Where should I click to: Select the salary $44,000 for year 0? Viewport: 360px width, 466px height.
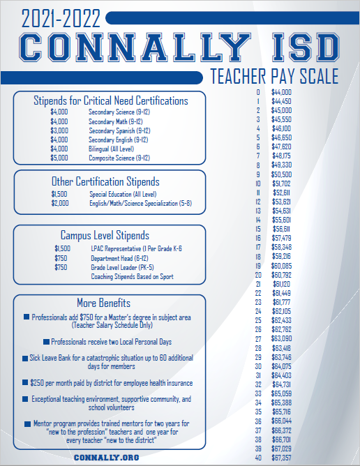[281, 92]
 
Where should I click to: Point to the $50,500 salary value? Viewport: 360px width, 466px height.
[281, 174]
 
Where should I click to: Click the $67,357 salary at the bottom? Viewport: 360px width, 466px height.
[281, 458]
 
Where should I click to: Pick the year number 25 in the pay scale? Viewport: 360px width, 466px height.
[258, 320]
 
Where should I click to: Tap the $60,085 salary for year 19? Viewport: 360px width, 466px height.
[281, 266]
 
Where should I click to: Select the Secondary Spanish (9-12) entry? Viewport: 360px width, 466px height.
[119, 130]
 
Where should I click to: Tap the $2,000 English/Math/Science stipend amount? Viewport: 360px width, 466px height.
[60, 203]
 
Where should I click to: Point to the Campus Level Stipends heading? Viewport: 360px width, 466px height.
[105, 235]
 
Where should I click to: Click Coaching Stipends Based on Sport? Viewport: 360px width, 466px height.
[132, 276]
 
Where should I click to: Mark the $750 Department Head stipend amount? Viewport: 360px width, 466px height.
[61, 257]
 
